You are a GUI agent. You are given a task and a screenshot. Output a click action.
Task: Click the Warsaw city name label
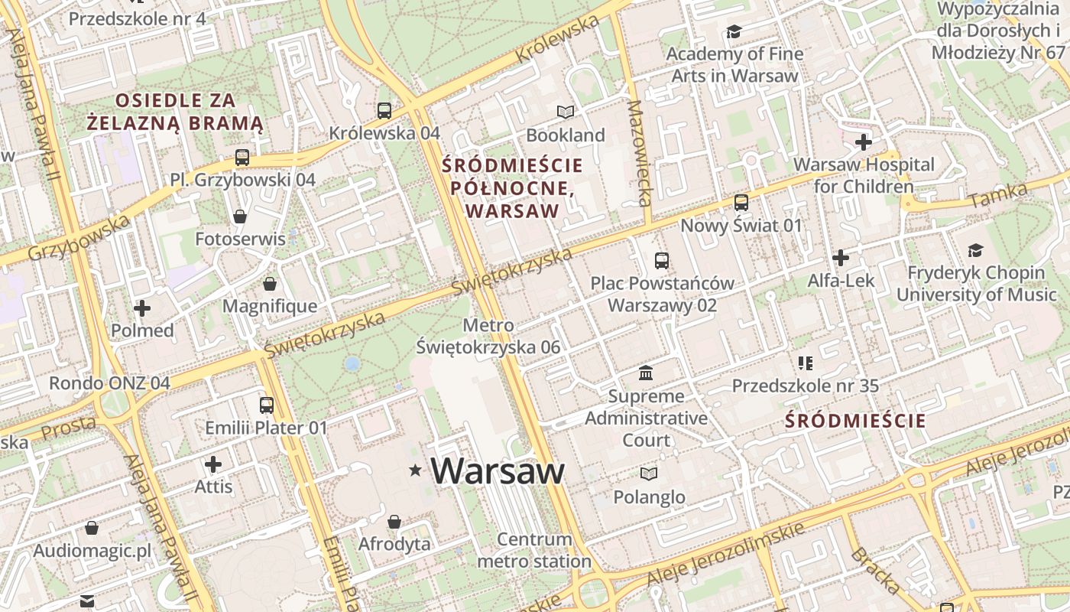498,470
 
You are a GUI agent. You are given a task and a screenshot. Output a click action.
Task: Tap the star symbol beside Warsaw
416,470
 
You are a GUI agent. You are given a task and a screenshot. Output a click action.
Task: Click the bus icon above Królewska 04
384,110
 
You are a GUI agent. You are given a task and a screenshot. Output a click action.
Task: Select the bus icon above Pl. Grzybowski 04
242,158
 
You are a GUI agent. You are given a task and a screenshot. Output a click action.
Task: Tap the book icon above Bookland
566,112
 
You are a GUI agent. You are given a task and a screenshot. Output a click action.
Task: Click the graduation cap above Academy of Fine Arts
734,31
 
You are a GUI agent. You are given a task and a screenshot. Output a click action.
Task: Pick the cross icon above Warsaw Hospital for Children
864,142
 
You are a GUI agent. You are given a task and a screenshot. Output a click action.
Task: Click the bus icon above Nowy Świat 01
741,203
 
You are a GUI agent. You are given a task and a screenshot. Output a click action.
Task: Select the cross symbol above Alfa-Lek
841,258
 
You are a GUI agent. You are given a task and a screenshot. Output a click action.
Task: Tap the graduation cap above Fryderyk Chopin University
975,250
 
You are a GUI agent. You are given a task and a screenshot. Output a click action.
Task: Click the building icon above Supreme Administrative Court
646,373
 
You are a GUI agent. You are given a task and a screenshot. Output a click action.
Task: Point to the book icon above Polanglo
649,474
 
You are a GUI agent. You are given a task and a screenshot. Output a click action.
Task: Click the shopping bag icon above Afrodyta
394,522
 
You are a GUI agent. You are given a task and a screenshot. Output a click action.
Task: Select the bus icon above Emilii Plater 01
266,405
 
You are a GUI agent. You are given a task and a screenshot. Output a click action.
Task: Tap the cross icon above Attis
213,464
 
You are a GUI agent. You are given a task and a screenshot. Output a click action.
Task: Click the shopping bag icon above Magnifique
270,285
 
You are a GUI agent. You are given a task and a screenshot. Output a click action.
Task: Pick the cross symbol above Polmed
142,308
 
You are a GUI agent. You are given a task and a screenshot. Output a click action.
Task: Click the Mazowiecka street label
638,154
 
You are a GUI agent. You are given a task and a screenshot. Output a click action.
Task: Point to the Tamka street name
997,194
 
